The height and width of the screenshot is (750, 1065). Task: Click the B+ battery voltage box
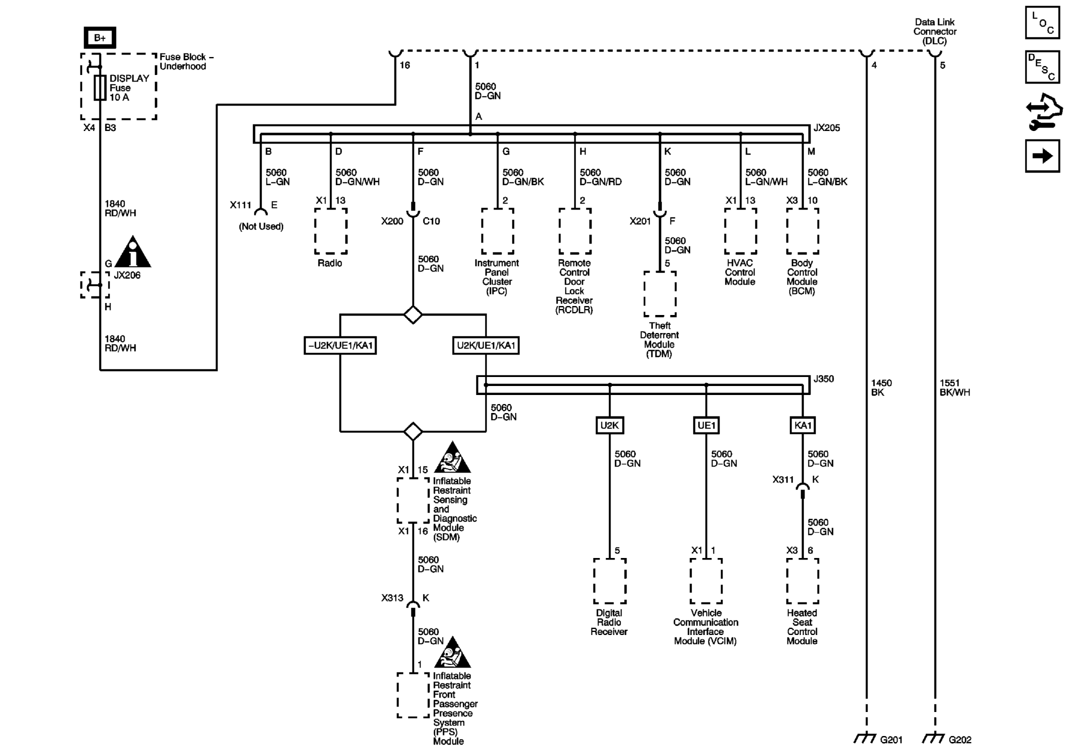99,37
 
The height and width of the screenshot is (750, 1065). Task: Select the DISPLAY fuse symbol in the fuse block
100,87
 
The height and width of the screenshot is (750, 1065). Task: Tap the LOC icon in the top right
1042,22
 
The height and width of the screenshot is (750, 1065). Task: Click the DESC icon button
1042,66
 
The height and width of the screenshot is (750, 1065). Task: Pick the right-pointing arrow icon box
1042,156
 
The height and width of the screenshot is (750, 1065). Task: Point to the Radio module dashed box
330,231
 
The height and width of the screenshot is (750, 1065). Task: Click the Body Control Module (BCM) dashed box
802,231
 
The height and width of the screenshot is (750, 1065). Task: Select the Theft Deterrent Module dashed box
659,294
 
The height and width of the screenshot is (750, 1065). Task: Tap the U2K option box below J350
609,425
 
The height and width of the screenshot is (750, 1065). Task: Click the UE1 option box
706,425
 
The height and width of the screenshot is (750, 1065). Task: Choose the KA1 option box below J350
802,425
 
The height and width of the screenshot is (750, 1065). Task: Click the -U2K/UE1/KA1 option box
340,345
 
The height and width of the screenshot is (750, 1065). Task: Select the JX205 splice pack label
826,128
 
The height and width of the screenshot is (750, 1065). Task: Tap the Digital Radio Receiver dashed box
609,581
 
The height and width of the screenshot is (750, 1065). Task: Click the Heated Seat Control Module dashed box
802,581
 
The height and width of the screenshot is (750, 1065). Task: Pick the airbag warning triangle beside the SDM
452,457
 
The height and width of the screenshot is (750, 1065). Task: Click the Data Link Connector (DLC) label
934,31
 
